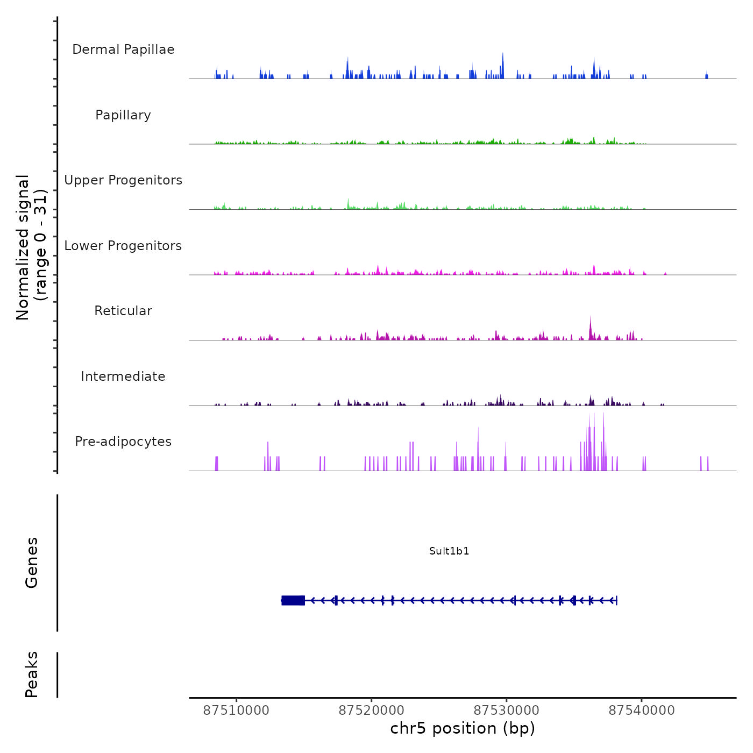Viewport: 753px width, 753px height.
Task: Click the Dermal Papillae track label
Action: coord(123,49)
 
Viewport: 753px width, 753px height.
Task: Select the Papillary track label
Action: coord(123,115)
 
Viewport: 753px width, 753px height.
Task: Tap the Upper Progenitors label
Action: coord(123,180)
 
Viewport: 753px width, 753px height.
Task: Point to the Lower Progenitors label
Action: coord(123,246)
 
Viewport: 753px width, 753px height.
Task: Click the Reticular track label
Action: coord(123,311)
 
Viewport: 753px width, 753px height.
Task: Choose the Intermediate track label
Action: coord(123,376)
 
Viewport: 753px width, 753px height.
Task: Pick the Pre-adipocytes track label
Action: coord(123,442)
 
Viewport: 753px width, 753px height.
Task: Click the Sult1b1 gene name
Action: coord(449,551)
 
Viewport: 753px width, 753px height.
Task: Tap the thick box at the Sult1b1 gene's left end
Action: coord(293,600)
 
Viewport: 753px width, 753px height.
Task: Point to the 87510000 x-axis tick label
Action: coord(236,710)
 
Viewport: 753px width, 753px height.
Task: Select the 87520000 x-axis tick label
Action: coord(371,710)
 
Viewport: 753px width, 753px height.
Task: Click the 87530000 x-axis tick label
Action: coord(506,710)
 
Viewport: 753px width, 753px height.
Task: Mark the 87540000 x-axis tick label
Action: coord(641,710)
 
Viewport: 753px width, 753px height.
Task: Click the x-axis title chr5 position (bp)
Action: coord(463,728)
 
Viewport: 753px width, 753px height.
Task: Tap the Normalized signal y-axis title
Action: coord(31,247)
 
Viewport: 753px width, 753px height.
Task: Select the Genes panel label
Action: coord(32,563)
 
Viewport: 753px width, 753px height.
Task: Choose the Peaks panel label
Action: coord(32,674)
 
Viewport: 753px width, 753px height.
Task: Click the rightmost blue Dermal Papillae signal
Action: coord(707,76)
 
